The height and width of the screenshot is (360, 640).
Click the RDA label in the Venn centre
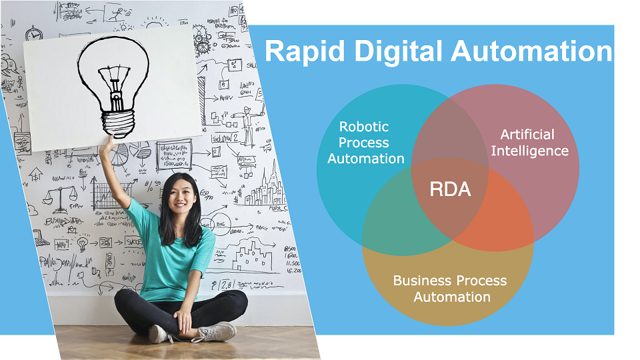450,189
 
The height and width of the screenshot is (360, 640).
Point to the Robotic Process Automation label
365,142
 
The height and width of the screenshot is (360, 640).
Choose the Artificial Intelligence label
529,143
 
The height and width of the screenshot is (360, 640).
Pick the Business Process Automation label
450,288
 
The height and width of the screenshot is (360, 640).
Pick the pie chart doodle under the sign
119,155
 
